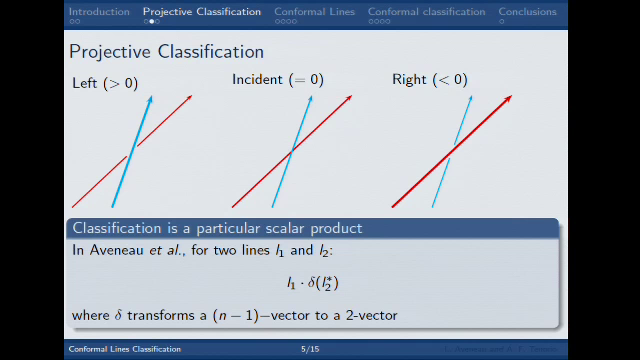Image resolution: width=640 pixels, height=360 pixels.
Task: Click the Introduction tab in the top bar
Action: [98, 12]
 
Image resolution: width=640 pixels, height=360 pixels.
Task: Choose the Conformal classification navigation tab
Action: [427, 12]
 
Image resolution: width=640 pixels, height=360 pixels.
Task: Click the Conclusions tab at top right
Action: [527, 12]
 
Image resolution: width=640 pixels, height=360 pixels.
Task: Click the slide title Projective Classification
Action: [166, 52]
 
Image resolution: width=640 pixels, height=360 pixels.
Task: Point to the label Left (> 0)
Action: [105, 83]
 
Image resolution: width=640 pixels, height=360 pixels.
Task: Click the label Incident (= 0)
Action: [278, 80]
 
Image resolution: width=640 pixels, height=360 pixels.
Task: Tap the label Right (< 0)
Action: [430, 80]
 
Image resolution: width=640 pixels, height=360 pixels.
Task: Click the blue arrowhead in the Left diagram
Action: [150, 99]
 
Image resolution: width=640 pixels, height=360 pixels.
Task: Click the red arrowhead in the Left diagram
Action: [189, 98]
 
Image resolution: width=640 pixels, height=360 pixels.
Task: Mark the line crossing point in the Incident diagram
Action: [291, 151]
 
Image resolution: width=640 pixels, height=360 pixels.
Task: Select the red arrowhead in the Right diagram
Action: [508, 99]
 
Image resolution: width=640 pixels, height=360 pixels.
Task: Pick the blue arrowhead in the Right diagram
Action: [469, 98]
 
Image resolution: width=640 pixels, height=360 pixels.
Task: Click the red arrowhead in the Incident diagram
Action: [349, 98]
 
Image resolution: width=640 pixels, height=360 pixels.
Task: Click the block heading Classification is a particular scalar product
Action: [217, 229]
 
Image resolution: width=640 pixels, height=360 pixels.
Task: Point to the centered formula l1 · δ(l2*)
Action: [313, 283]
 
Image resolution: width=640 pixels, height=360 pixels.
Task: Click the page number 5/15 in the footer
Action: [309, 349]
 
